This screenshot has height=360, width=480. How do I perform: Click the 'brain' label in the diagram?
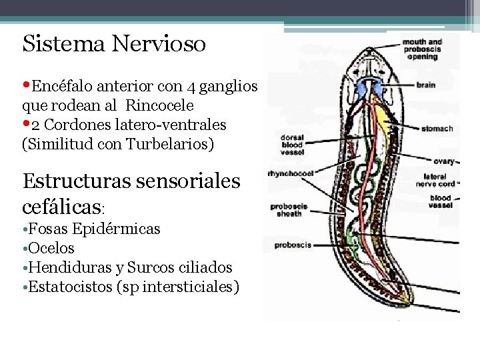coord(426,85)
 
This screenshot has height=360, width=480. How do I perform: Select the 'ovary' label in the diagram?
coord(444,161)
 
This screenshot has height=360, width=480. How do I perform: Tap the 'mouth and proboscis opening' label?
coord(422,49)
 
